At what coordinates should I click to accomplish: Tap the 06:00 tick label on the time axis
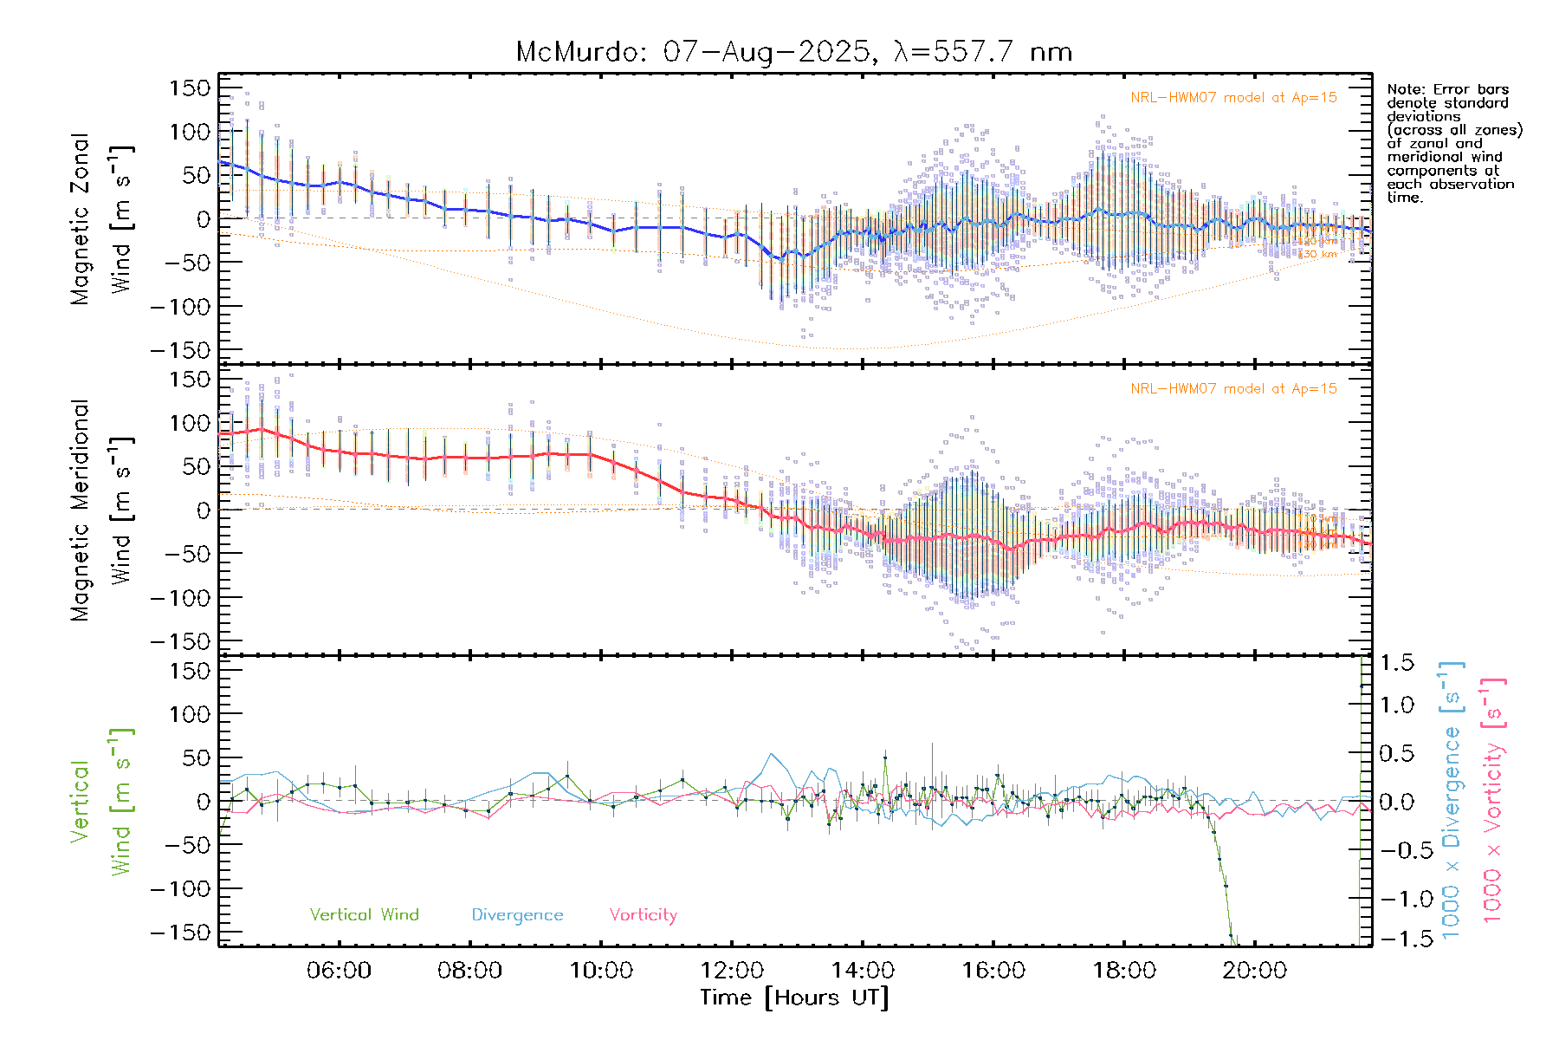pos(339,971)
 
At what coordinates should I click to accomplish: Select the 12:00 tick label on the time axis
pos(732,971)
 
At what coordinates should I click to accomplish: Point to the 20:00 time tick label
pos(1254,971)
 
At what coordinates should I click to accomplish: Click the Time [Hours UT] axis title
pos(794,998)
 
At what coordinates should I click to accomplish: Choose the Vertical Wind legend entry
pos(364,914)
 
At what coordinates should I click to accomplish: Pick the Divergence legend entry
pos(517,914)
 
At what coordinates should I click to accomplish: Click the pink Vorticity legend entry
pos(643,914)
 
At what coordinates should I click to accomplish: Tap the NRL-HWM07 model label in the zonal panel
pos(1233,98)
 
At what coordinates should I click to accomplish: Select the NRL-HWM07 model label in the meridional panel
pos(1233,389)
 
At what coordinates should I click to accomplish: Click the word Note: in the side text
pos(1404,89)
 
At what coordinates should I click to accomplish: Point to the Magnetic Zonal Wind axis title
pos(101,218)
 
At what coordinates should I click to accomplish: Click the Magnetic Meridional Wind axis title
pos(101,510)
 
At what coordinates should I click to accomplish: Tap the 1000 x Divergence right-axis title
pos(1451,799)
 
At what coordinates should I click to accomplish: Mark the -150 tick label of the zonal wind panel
pos(180,350)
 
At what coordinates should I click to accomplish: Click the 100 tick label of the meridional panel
pos(190,423)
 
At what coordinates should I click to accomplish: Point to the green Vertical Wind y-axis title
pos(101,801)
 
